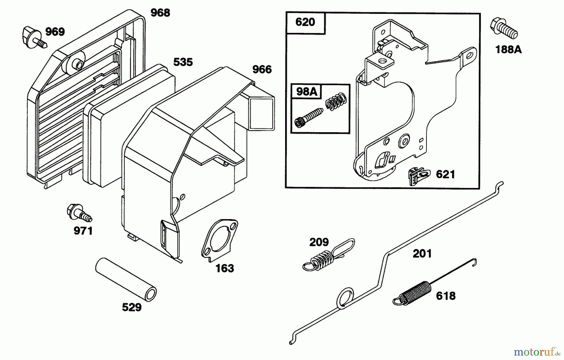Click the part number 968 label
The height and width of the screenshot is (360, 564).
tap(160, 13)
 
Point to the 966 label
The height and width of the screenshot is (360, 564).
tap(262, 70)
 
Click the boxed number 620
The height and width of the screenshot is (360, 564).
tap(305, 22)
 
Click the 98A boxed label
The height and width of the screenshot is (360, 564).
tap(306, 92)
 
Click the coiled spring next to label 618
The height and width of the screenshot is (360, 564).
tap(412, 293)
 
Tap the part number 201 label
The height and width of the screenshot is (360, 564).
tap(422, 253)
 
